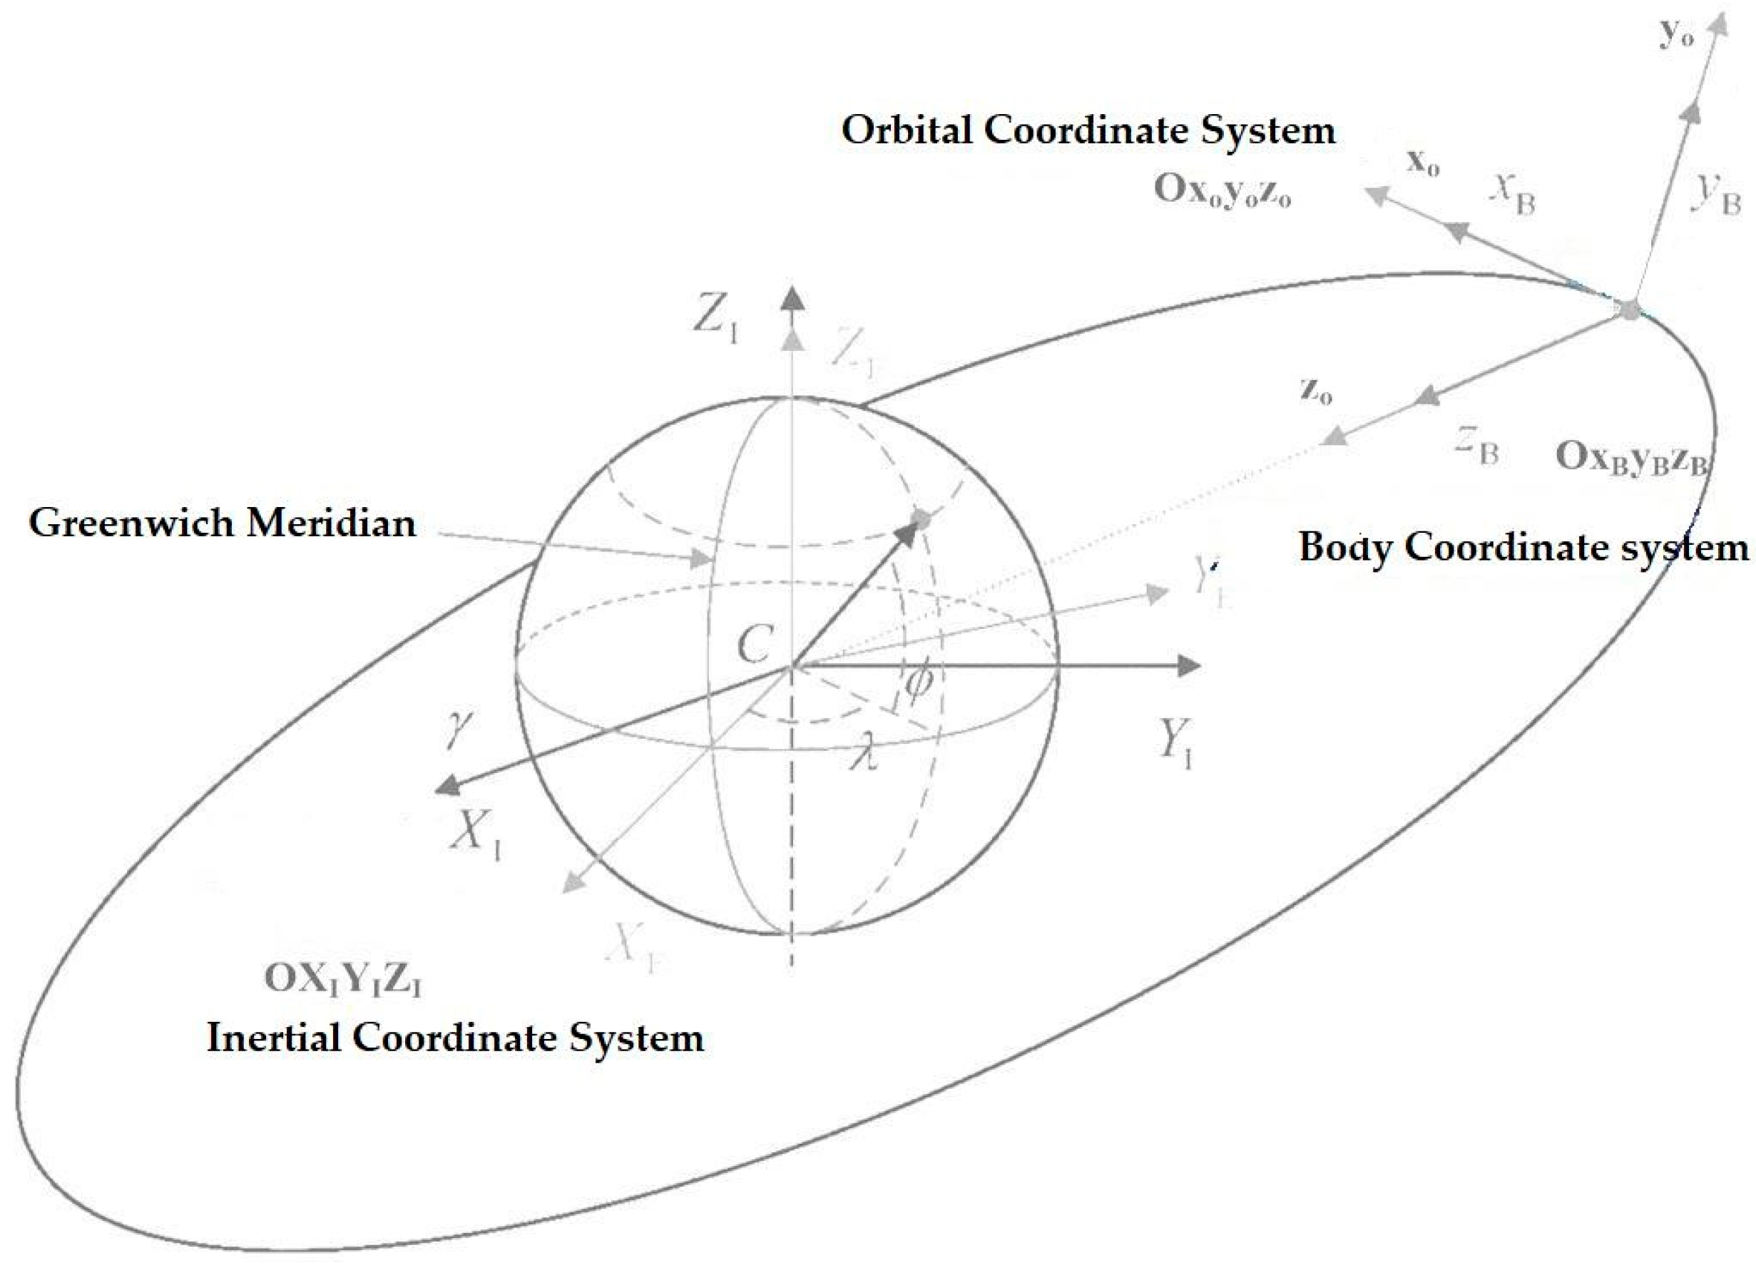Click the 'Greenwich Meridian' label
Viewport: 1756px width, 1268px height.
click(x=223, y=523)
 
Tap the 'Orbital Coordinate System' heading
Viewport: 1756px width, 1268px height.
click(x=1088, y=130)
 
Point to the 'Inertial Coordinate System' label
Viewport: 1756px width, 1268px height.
click(x=455, y=1038)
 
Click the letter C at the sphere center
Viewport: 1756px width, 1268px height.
click(x=754, y=644)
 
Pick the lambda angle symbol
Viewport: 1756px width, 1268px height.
click(x=862, y=754)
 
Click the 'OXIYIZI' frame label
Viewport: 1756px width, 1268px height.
click(x=343, y=979)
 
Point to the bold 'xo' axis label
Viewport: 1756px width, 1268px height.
click(x=1422, y=163)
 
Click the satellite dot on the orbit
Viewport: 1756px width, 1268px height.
click(x=1629, y=308)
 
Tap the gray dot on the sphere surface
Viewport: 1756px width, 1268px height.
click(x=921, y=518)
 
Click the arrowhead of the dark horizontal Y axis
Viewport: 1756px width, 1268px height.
click(x=1188, y=666)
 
